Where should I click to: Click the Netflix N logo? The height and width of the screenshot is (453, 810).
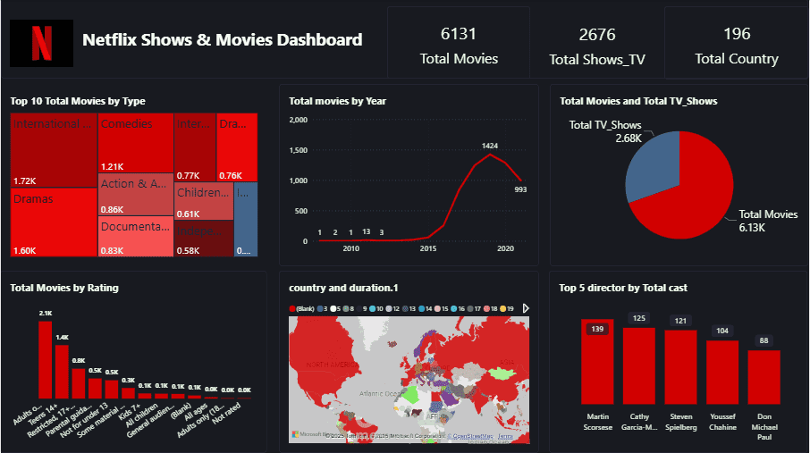(x=41, y=42)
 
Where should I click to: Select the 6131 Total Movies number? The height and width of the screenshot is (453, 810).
(x=459, y=35)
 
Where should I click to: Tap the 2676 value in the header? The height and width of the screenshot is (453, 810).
(x=596, y=35)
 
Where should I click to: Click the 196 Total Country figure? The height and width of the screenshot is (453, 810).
(x=737, y=35)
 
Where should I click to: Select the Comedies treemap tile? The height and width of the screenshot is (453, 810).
(x=135, y=143)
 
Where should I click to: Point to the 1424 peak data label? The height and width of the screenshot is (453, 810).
(x=489, y=145)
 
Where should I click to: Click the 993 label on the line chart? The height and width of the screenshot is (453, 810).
(x=520, y=189)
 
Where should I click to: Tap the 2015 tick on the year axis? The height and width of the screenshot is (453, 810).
(x=427, y=247)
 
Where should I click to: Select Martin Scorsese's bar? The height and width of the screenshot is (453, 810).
(x=598, y=361)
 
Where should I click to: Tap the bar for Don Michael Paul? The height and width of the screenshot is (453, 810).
(x=764, y=376)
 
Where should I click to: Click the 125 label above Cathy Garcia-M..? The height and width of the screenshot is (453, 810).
(x=638, y=318)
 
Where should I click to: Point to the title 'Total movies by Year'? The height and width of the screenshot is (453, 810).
(x=337, y=101)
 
